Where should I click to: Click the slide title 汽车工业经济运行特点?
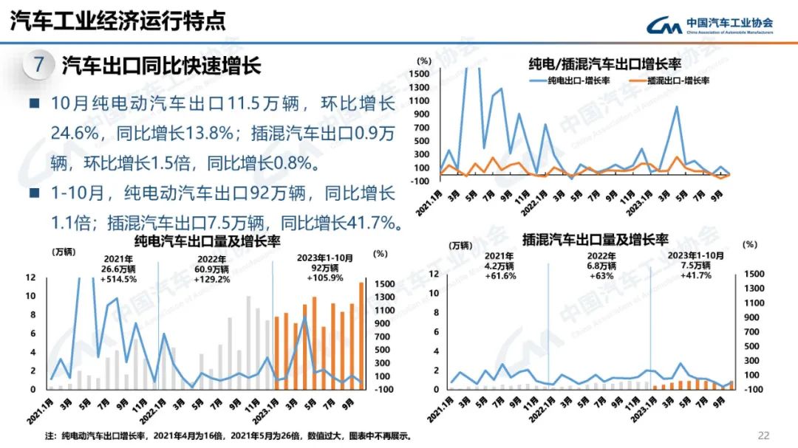[x=118, y=21]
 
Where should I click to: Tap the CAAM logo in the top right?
[x=709, y=26]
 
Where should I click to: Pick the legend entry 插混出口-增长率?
[x=668, y=80]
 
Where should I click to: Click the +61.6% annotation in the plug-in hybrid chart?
[x=499, y=276]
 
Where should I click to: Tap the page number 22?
[x=763, y=435]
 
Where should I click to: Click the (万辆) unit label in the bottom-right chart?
[x=461, y=245]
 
